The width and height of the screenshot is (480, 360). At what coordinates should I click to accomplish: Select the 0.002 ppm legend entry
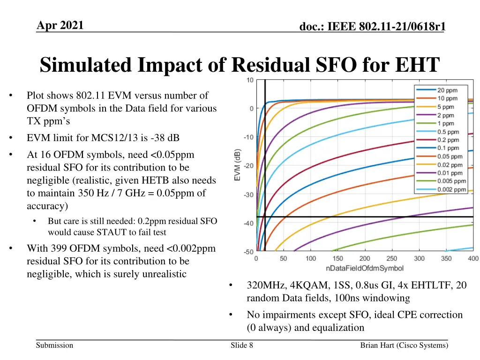pyautogui.click(x=451, y=189)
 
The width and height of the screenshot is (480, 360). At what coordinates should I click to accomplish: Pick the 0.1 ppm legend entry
pyautogui.click(x=448, y=148)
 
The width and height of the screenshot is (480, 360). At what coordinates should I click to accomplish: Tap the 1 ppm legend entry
pyautogui.click(x=445, y=123)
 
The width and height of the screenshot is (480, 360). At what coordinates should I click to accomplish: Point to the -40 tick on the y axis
pyautogui.click(x=247, y=223)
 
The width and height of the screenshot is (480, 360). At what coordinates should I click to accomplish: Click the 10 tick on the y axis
pyautogui.click(x=250, y=80)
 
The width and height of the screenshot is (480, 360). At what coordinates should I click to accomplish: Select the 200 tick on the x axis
pyautogui.click(x=365, y=258)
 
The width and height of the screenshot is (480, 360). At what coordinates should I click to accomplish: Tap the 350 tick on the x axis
pyautogui.click(x=446, y=258)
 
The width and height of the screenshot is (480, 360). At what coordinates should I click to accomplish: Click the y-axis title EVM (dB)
pyautogui.click(x=238, y=165)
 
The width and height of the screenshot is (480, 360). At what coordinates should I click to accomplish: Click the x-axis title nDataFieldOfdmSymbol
pyautogui.click(x=365, y=268)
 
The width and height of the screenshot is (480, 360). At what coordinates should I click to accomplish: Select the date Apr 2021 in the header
pyautogui.click(x=60, y=25)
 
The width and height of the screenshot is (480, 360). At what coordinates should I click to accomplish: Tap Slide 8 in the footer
pyautogui.click(x=242, y=345)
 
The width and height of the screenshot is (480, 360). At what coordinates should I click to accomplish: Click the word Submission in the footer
pyautogui.click(x=54, y=345)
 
